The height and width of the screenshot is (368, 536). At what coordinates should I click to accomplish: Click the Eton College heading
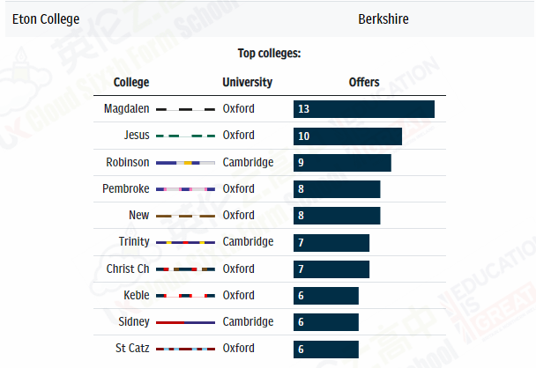(46, 18)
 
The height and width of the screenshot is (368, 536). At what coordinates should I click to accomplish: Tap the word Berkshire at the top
(383, 18)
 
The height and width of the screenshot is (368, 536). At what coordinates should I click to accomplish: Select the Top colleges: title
(269, 54)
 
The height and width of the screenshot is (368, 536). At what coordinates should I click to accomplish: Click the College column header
(131, 83)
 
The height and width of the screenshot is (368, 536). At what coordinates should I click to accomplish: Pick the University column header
(247, 83)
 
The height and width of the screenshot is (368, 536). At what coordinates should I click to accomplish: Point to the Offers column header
(364, 83)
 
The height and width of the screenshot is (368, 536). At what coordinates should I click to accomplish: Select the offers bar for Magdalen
(363, 109)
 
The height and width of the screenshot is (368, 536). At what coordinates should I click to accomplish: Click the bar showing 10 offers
(347, 136)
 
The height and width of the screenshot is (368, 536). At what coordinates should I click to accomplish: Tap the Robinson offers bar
(342, 163)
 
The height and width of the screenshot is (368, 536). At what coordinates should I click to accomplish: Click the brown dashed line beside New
(185, 216)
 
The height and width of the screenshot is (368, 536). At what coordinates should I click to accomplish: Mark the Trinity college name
(134, 242)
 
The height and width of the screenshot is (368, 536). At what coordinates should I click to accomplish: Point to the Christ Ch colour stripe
(185, 269)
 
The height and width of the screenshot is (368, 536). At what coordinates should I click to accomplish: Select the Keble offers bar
(326, 296)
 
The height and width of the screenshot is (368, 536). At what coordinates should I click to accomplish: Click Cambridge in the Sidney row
(248, 322)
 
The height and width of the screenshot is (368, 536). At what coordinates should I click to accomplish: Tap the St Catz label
(132, 349)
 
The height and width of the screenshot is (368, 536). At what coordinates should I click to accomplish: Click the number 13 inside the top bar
(303, 109)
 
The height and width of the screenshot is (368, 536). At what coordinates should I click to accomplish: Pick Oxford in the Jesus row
(238, 136)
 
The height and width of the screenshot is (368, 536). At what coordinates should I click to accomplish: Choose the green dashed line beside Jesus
(185, 136)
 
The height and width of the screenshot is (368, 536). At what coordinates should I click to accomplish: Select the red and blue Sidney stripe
(185, 322)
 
